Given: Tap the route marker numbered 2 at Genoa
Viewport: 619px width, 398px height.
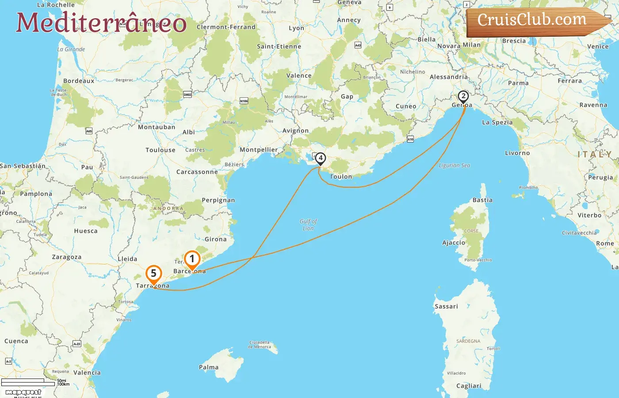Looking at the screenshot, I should coord(463,96).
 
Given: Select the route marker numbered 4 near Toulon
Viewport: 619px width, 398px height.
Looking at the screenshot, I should coord(320,158).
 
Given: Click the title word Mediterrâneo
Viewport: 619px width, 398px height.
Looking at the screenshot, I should coord(101,23).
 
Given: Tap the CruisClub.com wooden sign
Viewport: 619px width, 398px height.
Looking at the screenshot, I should coord(535,20).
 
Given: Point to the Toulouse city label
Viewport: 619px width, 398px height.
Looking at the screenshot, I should coord(160,150).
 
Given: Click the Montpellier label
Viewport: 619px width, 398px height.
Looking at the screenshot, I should coord(259,150).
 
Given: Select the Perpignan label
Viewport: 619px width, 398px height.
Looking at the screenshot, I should coord(218,200).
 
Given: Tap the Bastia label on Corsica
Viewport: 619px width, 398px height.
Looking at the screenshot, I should coord(482,200).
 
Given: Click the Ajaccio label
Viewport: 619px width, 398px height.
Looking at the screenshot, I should coord(454,243).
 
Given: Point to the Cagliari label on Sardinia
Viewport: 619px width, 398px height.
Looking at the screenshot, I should coord(469,386).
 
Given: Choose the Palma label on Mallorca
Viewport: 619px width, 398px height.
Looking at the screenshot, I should coord(209,367).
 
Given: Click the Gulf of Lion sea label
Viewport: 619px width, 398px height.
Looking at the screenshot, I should coord(308,225).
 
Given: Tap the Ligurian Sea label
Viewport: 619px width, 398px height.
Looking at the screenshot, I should coord(455,165).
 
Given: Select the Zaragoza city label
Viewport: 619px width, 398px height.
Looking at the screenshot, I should coord(67,257).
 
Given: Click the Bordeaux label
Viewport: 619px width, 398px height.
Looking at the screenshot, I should coord(79,81).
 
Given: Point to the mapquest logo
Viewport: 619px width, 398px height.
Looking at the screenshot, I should coord(23,392).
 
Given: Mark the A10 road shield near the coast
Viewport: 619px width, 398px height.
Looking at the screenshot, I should coord(410,139).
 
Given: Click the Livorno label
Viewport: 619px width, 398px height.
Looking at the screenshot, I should coord(517,153).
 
